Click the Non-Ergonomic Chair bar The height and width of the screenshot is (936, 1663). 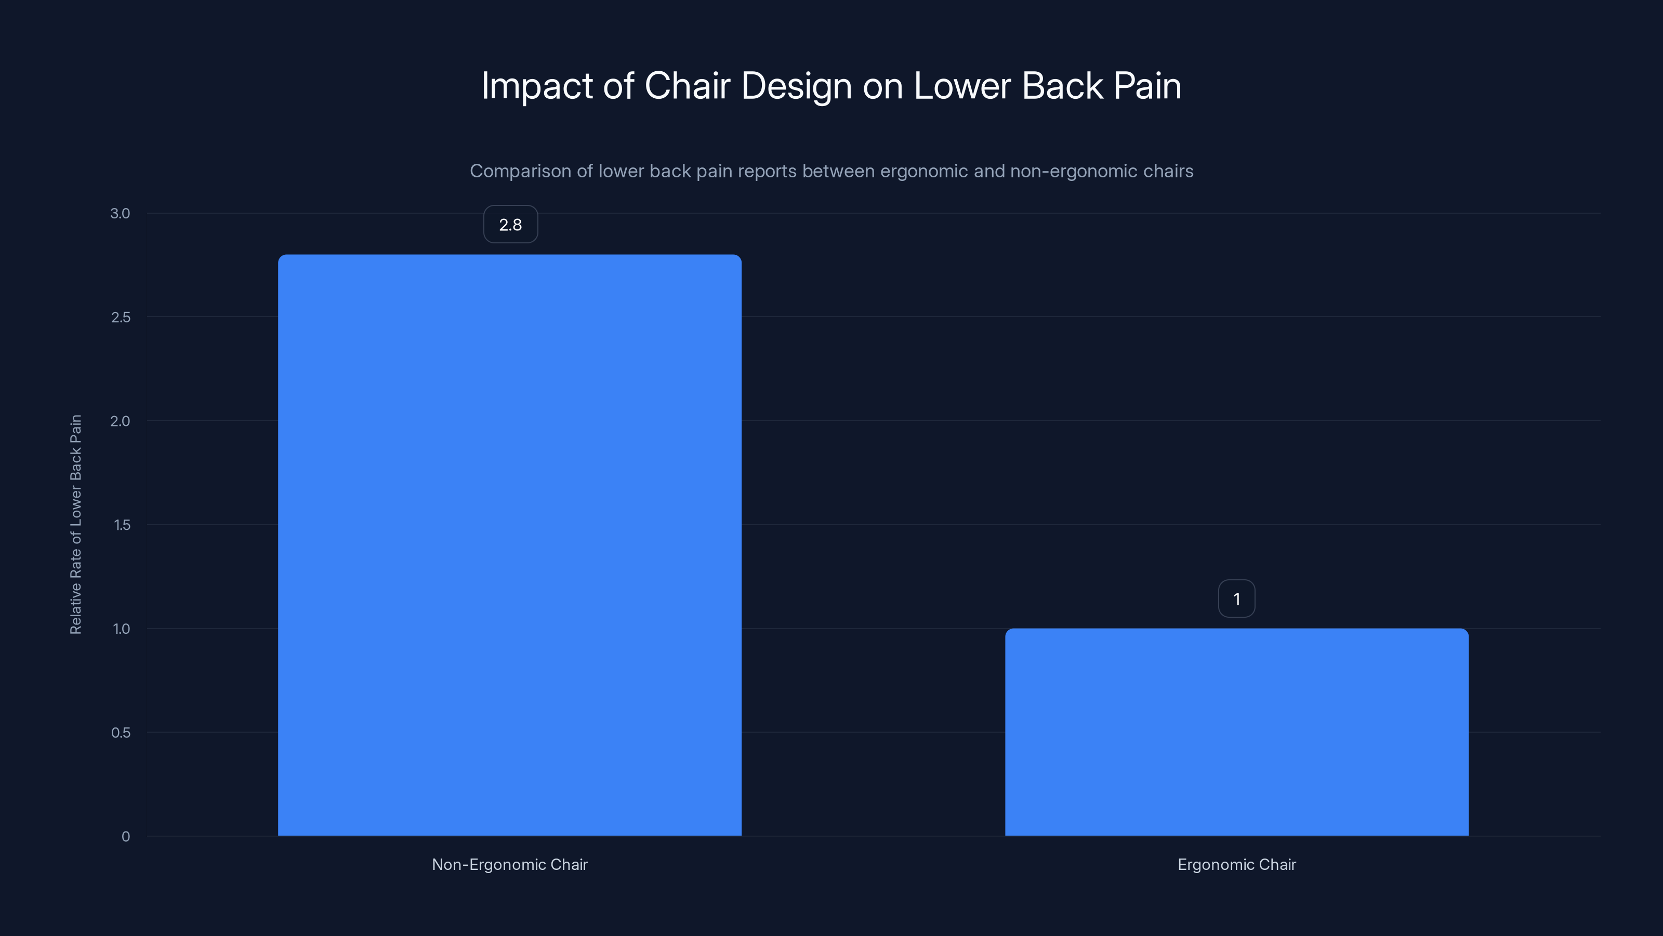click(509, 544)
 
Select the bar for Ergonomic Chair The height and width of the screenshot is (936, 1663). click(1236, 732)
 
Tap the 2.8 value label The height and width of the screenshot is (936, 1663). click(510, 224)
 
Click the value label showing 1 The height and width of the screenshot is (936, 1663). click(1236, 599)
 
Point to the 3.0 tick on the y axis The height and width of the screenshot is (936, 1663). click(120, 213)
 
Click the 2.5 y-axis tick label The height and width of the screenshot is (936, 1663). click(121, 317)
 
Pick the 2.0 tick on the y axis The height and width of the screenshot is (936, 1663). click(120, 421)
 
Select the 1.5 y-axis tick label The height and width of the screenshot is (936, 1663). click(122, 525)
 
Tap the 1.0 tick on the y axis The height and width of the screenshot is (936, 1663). click(122, 629)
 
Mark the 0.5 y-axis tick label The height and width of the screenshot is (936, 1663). click(121, 733)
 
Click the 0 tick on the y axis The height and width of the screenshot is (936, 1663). click(126, 837)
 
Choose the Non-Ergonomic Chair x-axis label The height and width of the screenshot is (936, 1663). click(509, 864)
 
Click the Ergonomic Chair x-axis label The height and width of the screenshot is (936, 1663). click(1236, 864)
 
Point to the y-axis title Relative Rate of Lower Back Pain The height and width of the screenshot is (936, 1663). click(75, 525)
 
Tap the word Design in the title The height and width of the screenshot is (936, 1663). click(796, 86)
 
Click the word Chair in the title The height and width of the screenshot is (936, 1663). click(687, 86)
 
